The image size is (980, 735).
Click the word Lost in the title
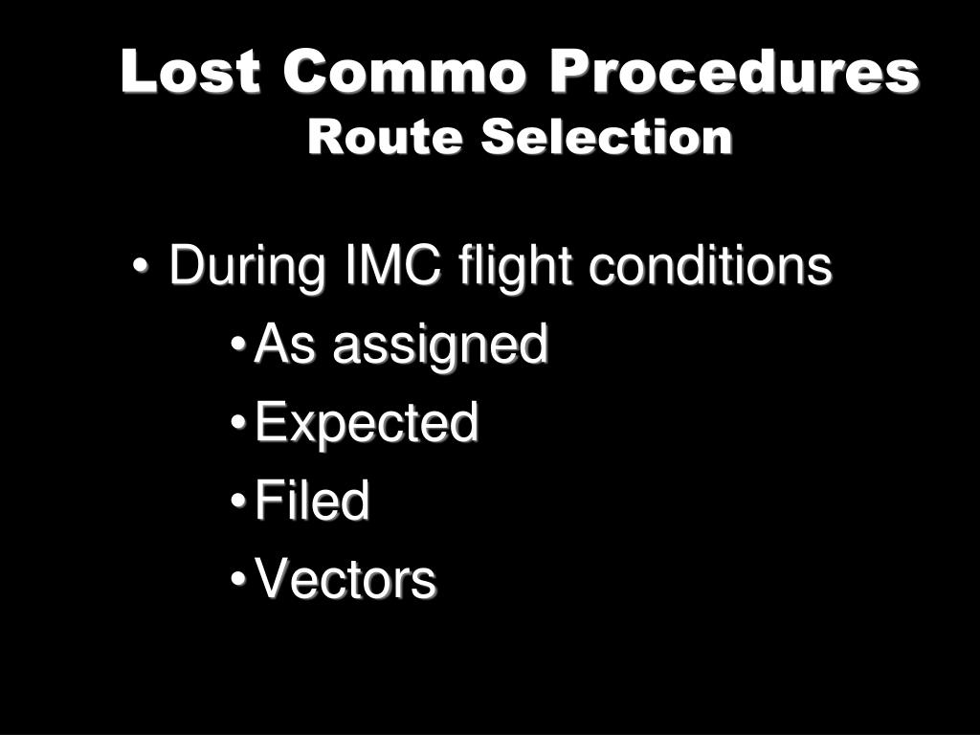pos(189,73)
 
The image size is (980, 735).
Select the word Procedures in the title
pos(735,73)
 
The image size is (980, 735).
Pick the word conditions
pos(709,267)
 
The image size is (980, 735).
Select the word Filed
pos(312,501)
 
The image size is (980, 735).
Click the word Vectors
pos(345,580)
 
